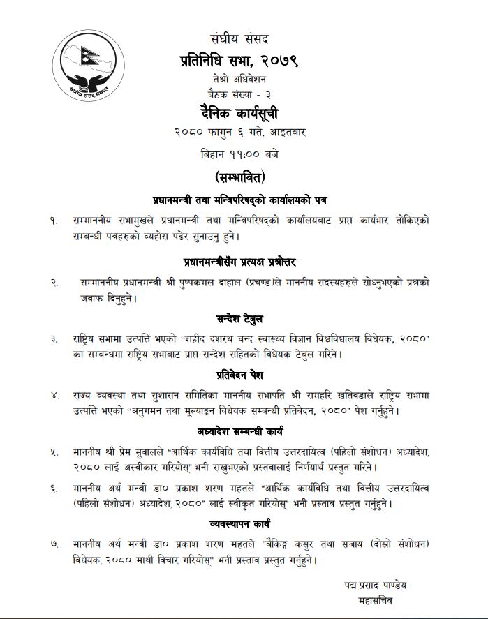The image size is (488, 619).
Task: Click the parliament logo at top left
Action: [87, 66]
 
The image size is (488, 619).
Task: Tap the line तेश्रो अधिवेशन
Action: [244, 80]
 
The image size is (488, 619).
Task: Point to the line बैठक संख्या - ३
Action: [244, 94]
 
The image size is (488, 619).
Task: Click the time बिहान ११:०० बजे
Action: [244, 152]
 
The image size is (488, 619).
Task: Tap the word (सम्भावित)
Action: [244, 175]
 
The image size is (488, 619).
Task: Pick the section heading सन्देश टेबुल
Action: [244, 320]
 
